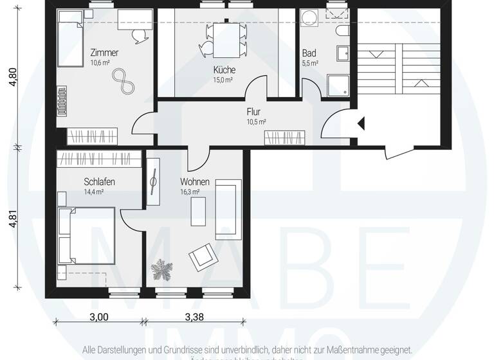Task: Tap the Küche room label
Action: pyautogui.click(x=224, y=70)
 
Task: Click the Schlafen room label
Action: pyautogui.click(x=99, y=182)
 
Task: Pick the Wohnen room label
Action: pyautogui.click(x=194, y=182)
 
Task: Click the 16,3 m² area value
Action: pyautogui.click(x=190, y=192)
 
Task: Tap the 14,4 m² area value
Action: pyautogui.click(x=93, y=192)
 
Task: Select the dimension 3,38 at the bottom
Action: pyautogui.click(x=195, y=316)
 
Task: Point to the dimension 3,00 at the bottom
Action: pyautogui.click(x=98, y=316)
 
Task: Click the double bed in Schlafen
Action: pyautogui.click(x=86, y=234)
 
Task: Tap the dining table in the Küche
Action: pyautogui.click(x=224, y=39)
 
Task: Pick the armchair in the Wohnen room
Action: pyautogui.click(x=203, y=258)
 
